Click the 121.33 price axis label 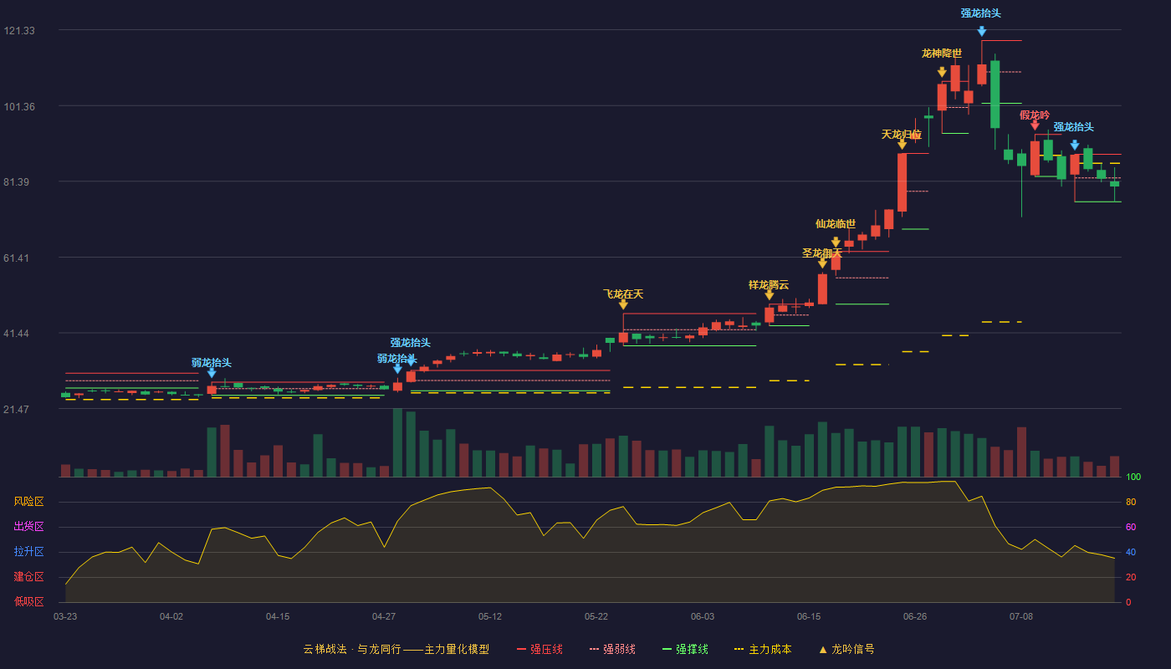pyautogui.click(x=19, y=31)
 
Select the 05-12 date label pyautogui.click(x=490, y=617)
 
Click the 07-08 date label pyautogui.click(x=1021, y=617)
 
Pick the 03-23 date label pyautogui.click(x=65, y=617)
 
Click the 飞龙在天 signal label pyautogui.click(x=623, y=294)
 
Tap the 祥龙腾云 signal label pyautogui.click(x=769, y=285)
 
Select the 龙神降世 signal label pyautogui.click(x=942, y=54)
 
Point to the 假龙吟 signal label pyautogui.click(x=1035, y=115)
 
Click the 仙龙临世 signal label pyautogui.click(x=836, y=224)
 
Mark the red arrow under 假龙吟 pyautogui.click(x=1035, y=125)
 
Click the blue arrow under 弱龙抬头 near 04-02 pyautogui.click(x=212, y=373)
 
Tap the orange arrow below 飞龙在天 pyautogui.click(x=623, y=304)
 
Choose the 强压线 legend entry pyautogui.click(x=539, y=649)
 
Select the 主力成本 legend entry pyautogui.click(x=763, y=649)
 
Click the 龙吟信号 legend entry pyautogui.click(x=846, y=649)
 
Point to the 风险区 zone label pyautogui.click(x=28, y=502)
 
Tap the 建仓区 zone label pyautogui.click(x=28, y=577)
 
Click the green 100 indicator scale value pyautogui.click(x=1133, y=477)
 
